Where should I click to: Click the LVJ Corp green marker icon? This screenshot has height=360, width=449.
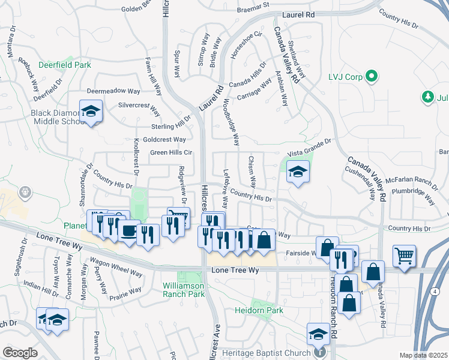tap(372, 77)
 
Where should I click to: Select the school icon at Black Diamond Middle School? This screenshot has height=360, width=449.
tap(91, 112)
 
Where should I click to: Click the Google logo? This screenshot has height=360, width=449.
tap(20, 352)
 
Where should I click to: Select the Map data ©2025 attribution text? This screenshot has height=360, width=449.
tap(423, 355)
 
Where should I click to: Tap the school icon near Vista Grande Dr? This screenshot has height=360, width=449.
tap(298, 172)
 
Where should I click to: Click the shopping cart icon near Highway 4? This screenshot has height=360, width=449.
tap(405, 256)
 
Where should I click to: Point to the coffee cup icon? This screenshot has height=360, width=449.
tap(128, 231)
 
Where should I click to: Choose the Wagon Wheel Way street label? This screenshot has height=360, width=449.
tap(116, 268)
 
